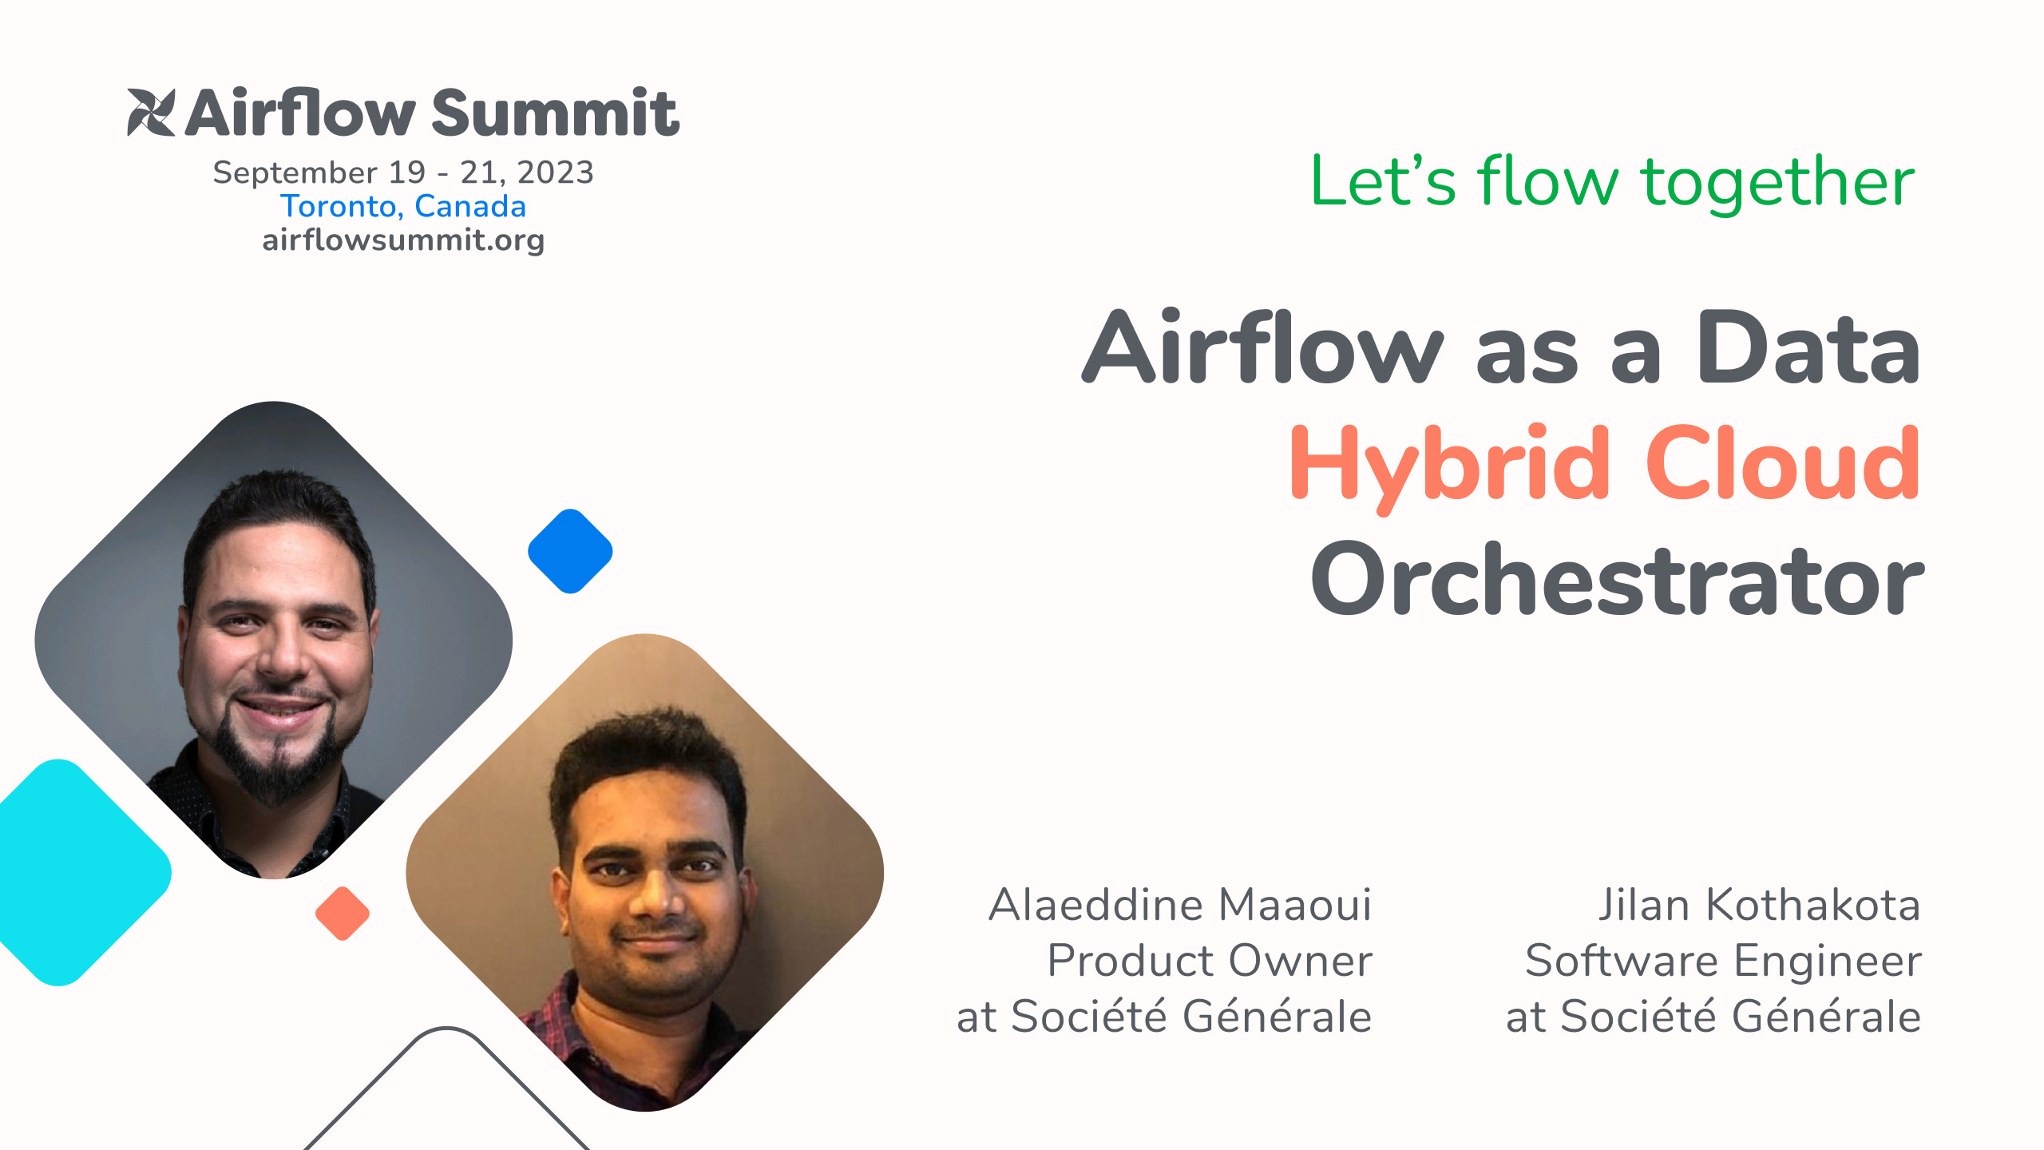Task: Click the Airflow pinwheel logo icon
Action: pos(151,113)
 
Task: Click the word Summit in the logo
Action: pos(555,113)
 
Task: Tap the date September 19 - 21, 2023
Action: pos(403,172)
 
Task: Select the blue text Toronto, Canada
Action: pos(403,206)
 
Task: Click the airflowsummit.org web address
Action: pos(403,240)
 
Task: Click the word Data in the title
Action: pos(1808,348)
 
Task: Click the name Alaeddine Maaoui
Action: pos(1179,905)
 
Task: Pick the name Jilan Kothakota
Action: pos(1759,905)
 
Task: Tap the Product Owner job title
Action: pos(1209,961)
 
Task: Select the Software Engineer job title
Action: pos(1723,961)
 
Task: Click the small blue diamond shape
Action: pos(570,551)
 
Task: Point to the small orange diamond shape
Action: pos(343,914)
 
